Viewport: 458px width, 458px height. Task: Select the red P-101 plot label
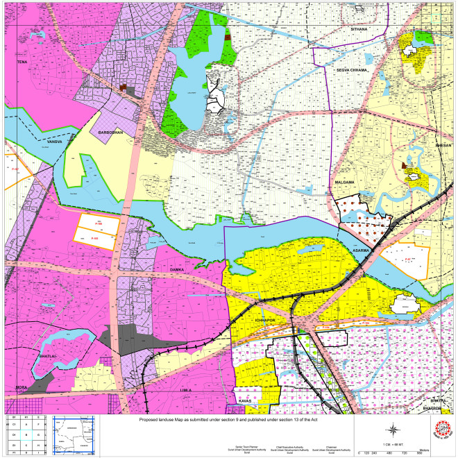point(95,239)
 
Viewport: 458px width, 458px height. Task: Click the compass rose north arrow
point(393,428)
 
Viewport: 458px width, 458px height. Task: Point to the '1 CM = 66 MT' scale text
point(393,443)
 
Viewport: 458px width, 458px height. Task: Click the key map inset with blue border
point(74,432)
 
